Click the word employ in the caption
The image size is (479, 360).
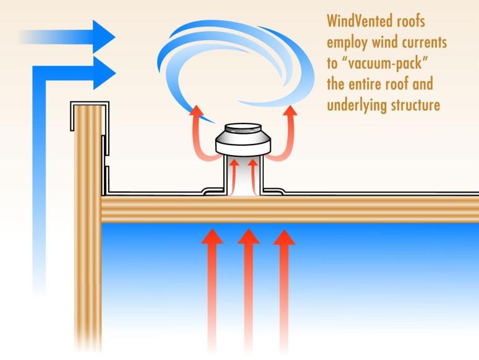pyautogui.click(x=352, y=43)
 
